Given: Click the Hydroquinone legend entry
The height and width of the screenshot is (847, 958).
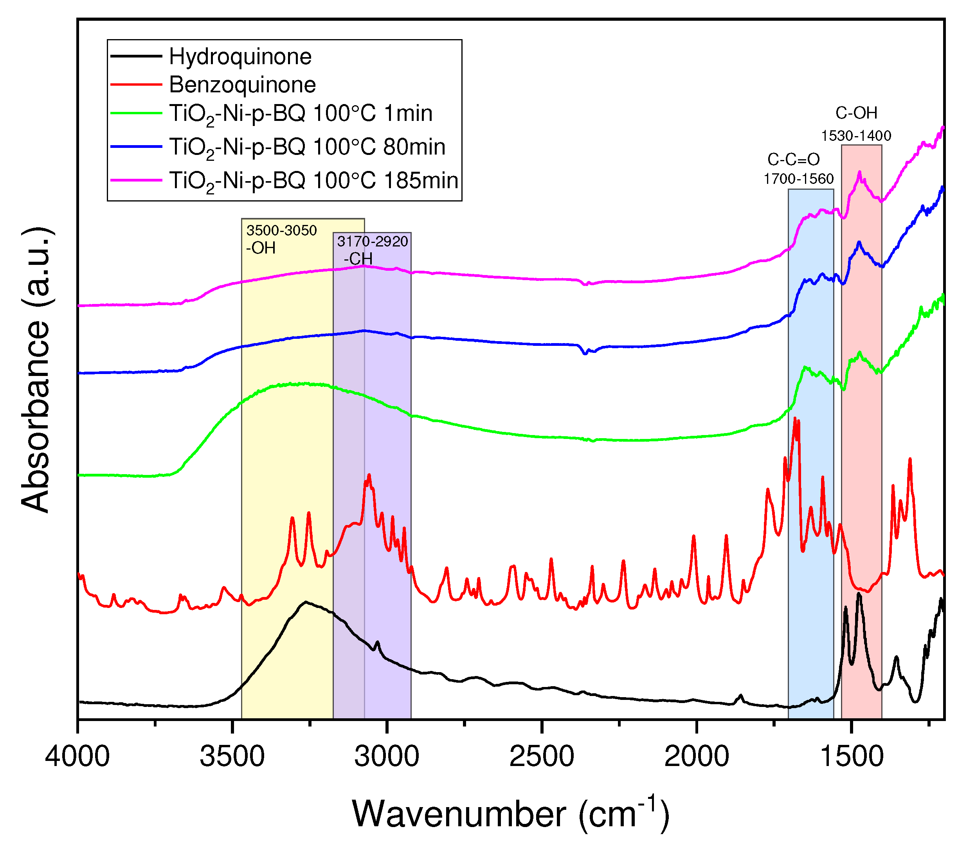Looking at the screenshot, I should click(240, 57).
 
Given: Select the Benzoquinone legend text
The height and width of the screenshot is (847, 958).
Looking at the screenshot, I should click(242, 85).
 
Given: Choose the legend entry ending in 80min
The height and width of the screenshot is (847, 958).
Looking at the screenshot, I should click(307, 147).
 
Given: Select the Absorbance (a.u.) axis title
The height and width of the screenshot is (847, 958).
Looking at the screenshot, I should click(36, 370).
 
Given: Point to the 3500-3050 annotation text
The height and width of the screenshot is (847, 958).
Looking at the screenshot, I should click(282, 230).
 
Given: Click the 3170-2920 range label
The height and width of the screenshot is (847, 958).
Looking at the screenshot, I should click(373, 241).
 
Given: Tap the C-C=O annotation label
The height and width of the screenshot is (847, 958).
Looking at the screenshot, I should click(794, 160).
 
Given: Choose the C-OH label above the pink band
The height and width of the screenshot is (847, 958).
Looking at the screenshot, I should click(856, 113).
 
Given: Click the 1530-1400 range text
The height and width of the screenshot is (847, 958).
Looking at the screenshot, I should click(856, 136).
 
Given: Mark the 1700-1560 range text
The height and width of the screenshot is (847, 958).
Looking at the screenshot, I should click(799, 179).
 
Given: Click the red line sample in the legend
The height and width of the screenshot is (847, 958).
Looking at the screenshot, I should click(136, 85).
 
